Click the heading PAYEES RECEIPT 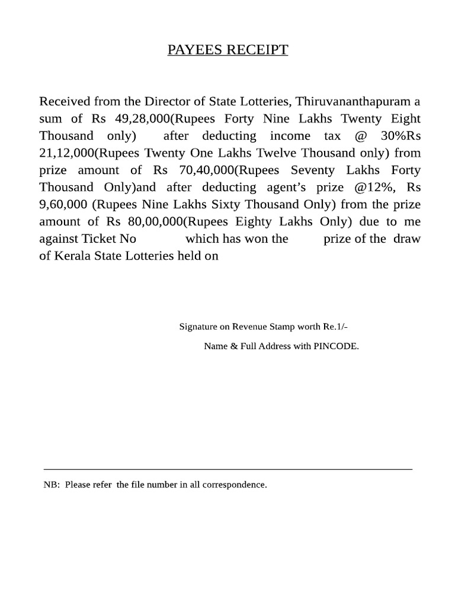pos(227,50)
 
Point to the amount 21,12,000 pos(66,153)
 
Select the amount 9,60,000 pos(63,204)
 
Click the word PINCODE pos(337,346)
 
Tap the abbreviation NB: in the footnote pos(52,485)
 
